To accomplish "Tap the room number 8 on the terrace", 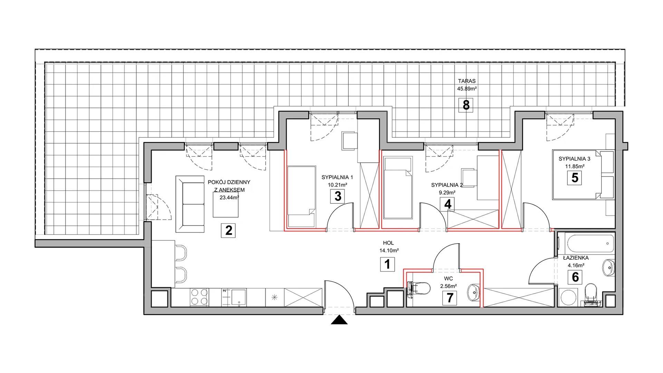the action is click(466, 105).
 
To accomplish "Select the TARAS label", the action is click(467, 81).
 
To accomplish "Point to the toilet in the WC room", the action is click(419, 288).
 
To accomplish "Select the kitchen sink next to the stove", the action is click(238, 297).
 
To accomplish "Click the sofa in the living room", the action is click(190, 204).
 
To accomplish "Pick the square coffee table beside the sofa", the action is click(226, 204).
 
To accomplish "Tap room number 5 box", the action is click(575, 178).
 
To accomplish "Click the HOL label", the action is click(388, 243).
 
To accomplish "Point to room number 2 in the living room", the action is click(229, 230).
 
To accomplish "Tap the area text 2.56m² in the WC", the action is click(449, 286).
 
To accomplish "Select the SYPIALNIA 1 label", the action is click(337, 177).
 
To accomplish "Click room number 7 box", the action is click(450, 298).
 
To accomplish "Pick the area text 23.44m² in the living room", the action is click(229, 198).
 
